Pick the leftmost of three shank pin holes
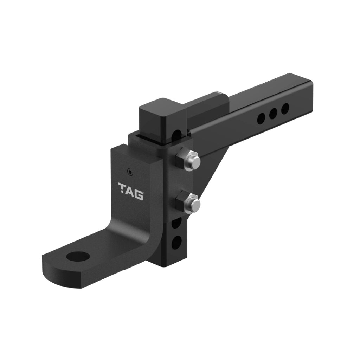pyautogui.click(x=261, y=119)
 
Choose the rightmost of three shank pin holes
pyautogui.click(x=285, y=108)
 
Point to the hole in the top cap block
pyautogui.click(x=178, y=135)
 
